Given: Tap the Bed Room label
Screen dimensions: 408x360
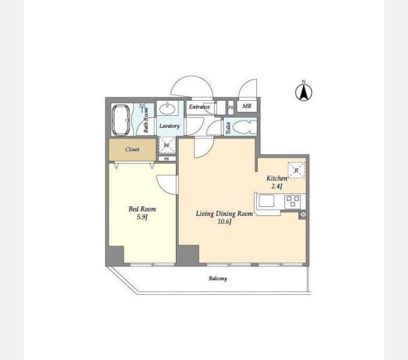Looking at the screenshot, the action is [x=142, y=209].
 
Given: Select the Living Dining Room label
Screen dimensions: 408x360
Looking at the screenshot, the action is [x=224, y=214].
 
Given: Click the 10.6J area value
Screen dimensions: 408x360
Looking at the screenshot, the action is [x=224, y=222].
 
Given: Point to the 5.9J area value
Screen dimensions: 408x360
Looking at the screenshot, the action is [x=142, y=217].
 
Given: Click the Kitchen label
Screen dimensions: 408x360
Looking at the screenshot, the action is [x=277, y=178].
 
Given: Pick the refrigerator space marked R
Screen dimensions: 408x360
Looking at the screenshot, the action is [x=296, y=170].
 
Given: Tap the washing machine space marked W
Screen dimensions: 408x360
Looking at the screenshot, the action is [x=167, y=145].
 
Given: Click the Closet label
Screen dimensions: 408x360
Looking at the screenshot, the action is [x=132, y=149].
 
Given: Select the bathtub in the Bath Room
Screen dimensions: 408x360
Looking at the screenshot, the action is [x=121, y=120].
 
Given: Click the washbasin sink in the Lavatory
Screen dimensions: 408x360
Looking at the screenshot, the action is [x=167, y=109].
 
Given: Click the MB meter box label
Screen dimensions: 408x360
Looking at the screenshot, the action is [x=247, y=106].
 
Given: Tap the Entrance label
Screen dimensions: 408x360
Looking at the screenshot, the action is [x=199, y=107].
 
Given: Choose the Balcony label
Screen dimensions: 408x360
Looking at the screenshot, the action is [x=218, y=278].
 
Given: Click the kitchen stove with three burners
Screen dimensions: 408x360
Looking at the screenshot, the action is [x=293, y=202].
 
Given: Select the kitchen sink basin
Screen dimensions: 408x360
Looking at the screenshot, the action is [x=266, y=201].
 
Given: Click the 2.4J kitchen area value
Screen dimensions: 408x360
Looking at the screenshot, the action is [x=277, y=186].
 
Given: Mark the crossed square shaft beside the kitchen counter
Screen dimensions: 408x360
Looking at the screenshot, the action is [x=303, y=215].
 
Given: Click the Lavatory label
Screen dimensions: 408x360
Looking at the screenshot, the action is [x=169, y=126].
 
